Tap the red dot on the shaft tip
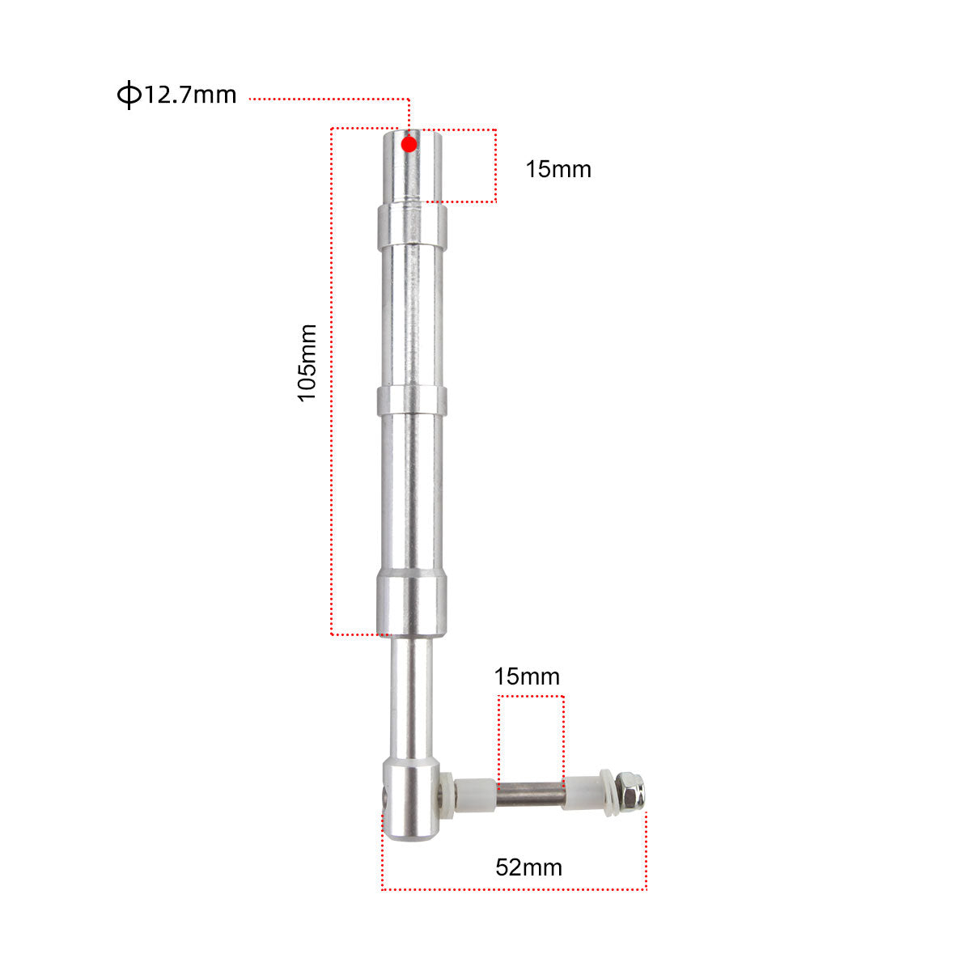(x=409, y=144)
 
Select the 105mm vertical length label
(x=307, y=363)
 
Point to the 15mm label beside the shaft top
(x=558, y=169)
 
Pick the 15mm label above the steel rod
(x=527, y=676)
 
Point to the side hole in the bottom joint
(x=384, y=797)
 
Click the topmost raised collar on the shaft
(x=411, y=227)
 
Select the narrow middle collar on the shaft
(x=411, y=400)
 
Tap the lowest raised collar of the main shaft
(x=411, y=603)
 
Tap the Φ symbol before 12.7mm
(x=128, y=95)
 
